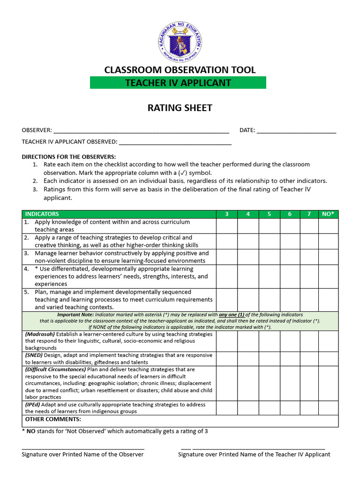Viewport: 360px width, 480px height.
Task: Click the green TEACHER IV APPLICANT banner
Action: click(x=178, y=83)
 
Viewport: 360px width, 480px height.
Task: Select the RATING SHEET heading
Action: click(x=180, y=108)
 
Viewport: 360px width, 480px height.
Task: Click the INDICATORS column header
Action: click(x=42, y=214)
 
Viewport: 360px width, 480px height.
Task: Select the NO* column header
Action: click(x=328, y=214)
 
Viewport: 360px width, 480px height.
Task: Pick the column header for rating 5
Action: click(x=269, y=214)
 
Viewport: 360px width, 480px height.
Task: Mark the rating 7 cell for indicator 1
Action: click(x=309, y=226)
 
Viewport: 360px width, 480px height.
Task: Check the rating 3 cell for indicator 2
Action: click(x=226, y=241)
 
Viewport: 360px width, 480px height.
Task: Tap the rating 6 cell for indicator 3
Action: click(x=290, y=257)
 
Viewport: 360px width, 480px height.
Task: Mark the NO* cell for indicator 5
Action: click(x=328, y=300)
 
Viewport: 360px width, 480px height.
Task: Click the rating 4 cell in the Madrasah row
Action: click(x=248, y=341)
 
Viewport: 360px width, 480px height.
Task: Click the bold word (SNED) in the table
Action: click(x=34, y=355)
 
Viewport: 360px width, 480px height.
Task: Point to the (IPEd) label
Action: click(x=33, y=405)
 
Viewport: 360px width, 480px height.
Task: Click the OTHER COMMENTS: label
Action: click(x=53, y=419)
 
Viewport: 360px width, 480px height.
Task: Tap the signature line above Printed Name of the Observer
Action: click(x=83, y=449)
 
